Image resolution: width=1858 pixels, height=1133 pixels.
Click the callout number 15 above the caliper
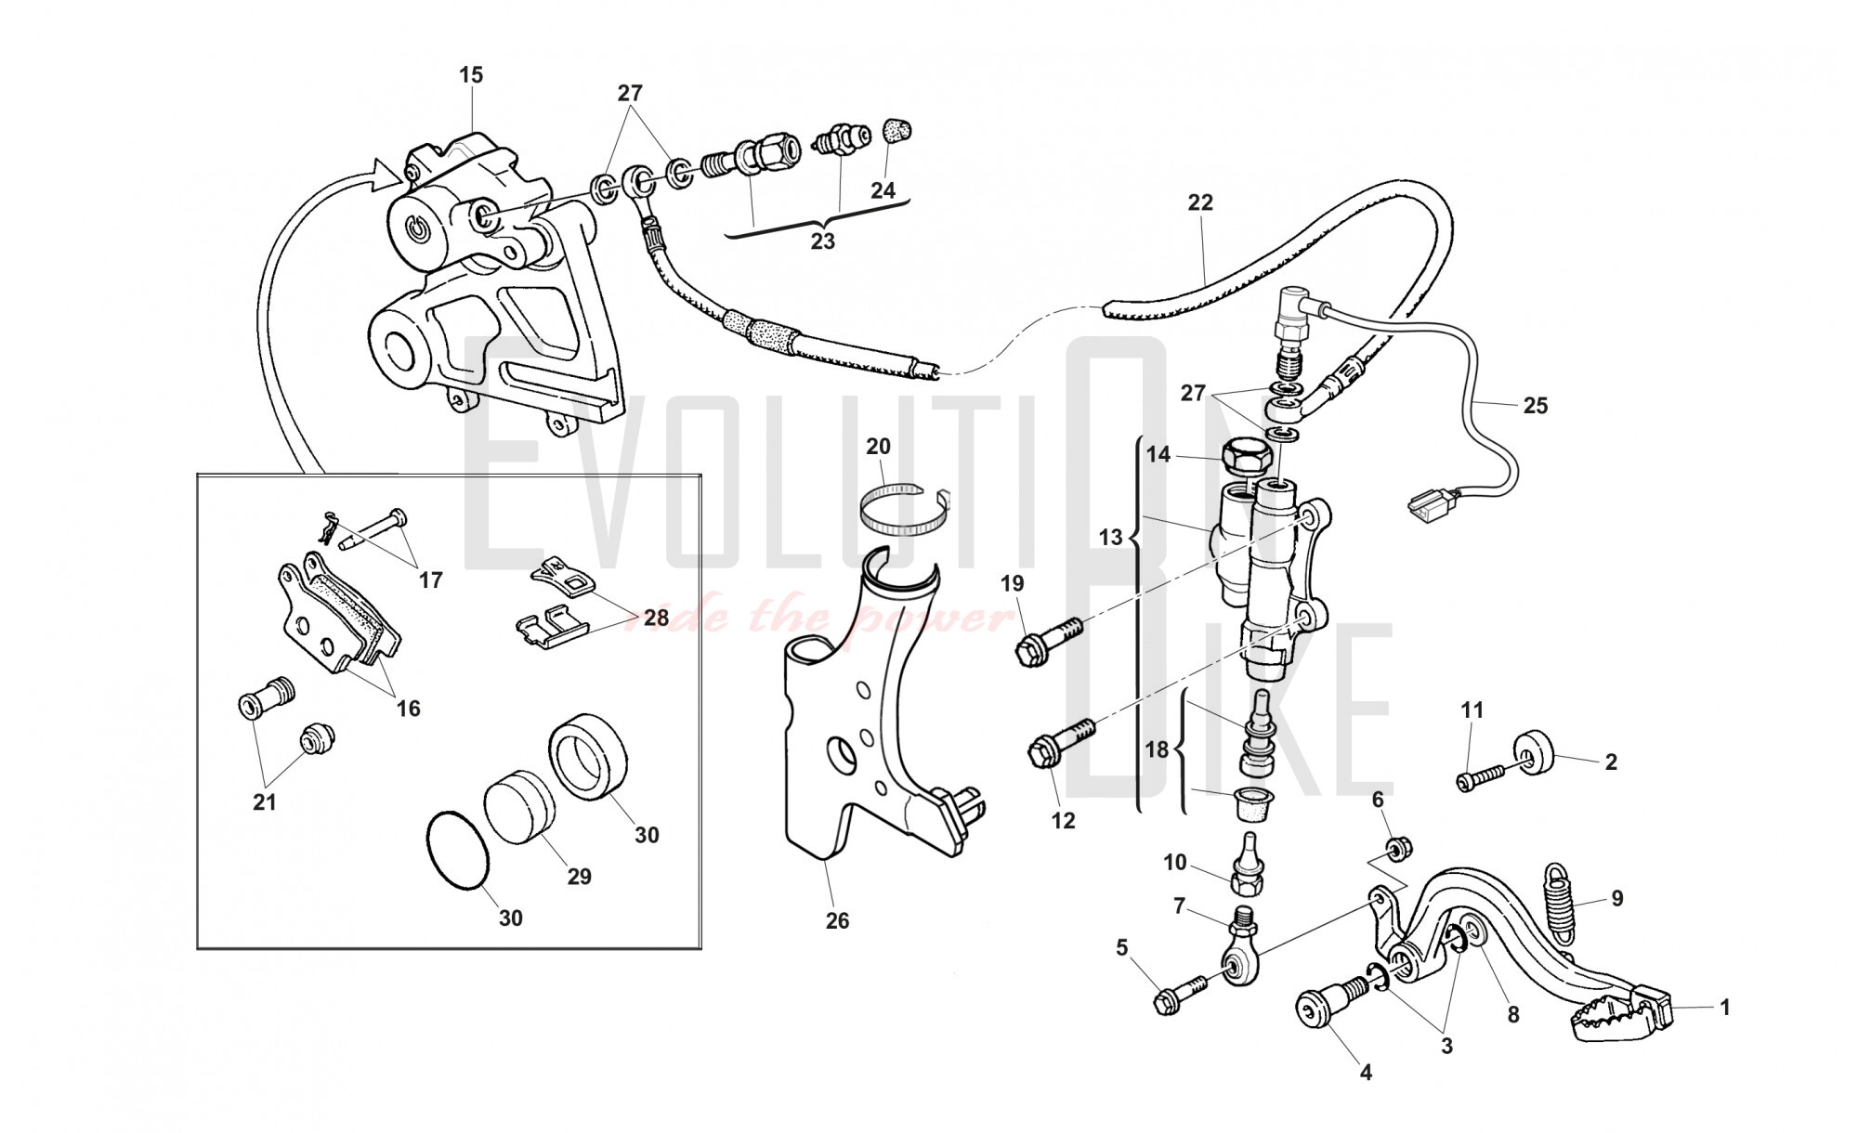pos(472,75)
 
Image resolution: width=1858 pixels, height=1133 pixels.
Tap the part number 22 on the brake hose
pos(1200,202)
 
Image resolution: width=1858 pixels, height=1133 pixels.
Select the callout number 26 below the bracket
pos(837,920)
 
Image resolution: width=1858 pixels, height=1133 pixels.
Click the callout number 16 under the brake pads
pos(408,709)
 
